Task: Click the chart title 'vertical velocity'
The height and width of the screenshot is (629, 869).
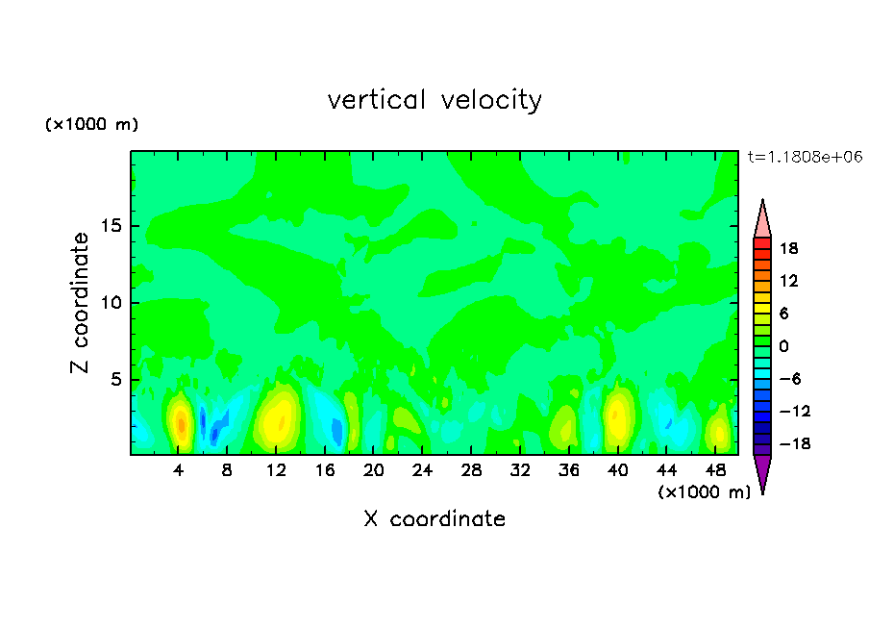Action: click(x=434, y=100)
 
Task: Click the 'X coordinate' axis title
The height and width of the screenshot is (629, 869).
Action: click(x=434, y=519)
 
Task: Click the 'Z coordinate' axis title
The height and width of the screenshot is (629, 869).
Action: click(x=81, y=303)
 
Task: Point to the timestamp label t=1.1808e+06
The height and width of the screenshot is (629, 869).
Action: click(x=804, y=157)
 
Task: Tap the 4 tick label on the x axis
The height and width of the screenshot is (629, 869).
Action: click(x=179, y=470)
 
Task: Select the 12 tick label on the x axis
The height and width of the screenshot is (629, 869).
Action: click(x=276, y=470)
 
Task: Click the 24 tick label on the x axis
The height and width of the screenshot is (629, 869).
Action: click(x=422, y=470)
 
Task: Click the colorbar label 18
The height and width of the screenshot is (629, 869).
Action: click(x=788, y=248)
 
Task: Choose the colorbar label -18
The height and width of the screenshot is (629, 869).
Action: click(x=785, y=444)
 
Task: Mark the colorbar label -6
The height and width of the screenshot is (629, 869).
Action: click(x=788, y=379)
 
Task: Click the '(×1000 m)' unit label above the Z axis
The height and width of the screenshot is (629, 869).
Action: click(x=92, y=125)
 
